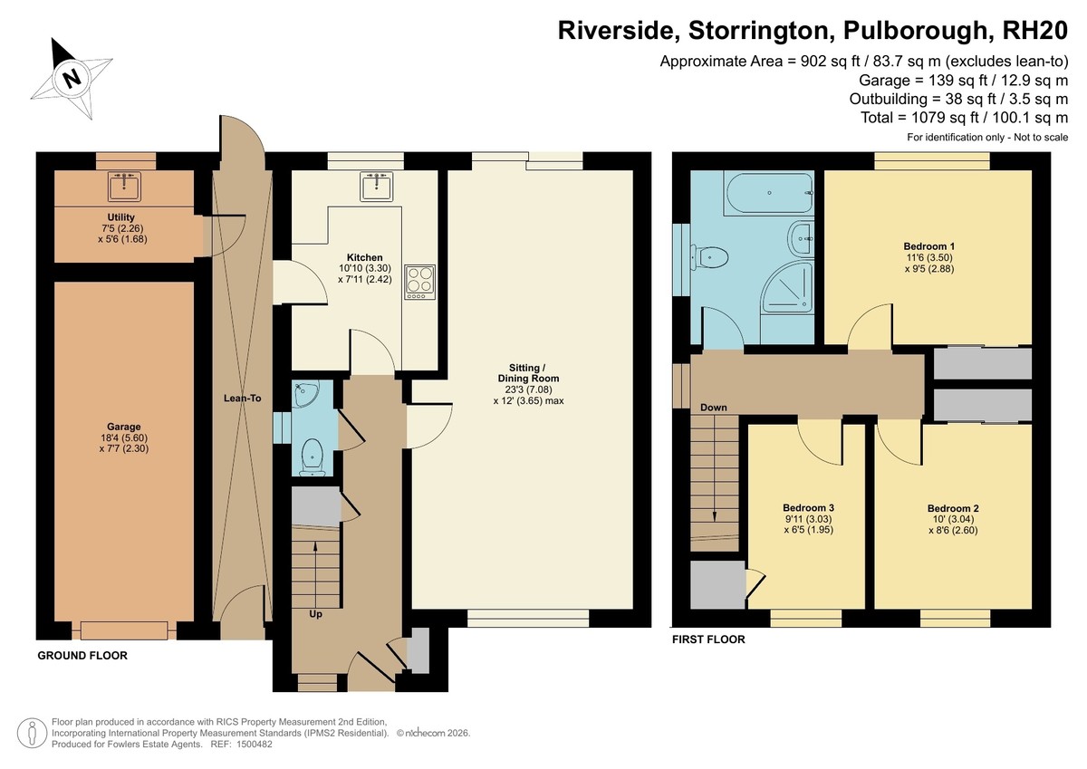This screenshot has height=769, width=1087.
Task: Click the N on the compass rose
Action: (x=72, y=78)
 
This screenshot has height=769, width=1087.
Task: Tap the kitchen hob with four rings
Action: (x=419, y=282)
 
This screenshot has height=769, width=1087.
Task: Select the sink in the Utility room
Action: (x=124, y=187)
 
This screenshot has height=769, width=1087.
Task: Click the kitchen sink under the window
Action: (x=377, y=187)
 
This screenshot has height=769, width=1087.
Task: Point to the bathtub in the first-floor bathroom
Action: (x=769, y=193)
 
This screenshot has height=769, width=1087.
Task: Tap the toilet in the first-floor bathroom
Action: (x=709, y=257)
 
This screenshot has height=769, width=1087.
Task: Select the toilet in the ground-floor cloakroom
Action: (x=312, y=457)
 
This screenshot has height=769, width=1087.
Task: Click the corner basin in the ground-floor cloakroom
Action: (x=305, y=394)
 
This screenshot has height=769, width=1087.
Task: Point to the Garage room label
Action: (x=124, y=427)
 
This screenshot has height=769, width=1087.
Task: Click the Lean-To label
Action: (x=242, y=399)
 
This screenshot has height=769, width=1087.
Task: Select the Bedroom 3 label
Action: (x=808, y=508)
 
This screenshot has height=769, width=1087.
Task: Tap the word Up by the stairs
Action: (x=315, y=614)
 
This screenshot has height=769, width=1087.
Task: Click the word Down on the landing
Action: (x=714, y=408)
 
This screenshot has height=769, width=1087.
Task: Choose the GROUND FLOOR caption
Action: (x=82, y=656)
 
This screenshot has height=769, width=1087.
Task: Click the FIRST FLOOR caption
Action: (x=708, y=639)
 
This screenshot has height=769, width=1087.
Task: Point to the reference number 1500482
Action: (x=255, y=745)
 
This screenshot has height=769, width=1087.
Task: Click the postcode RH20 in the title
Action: (x=1034, y=31)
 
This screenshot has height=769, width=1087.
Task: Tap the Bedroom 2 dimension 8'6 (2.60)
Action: (x=953, y=530)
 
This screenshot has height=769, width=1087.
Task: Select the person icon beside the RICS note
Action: (x=32, y=733)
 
